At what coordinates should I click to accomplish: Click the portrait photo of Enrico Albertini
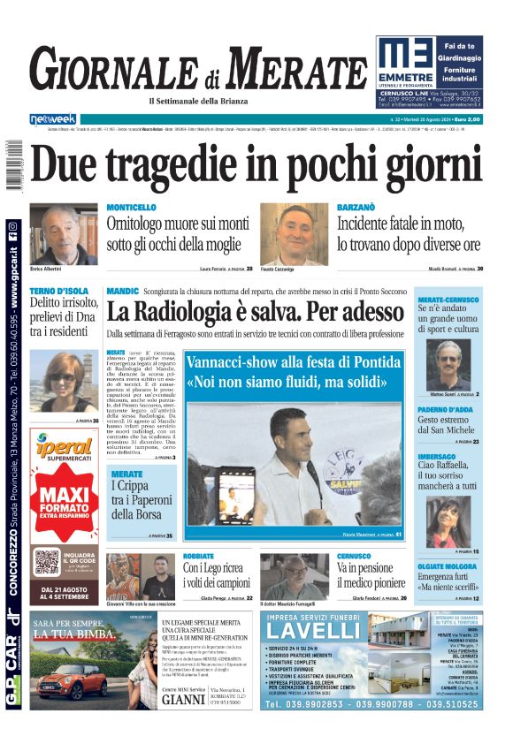point(64,234)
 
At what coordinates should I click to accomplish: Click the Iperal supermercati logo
point(65,449)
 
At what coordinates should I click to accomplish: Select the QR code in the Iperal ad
point(47,562)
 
